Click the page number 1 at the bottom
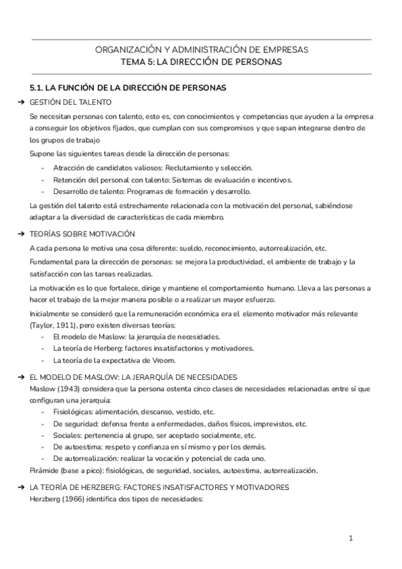(350, 538)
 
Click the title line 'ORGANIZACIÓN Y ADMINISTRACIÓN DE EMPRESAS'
(202, 50)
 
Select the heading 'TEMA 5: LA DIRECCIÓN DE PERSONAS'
(202, 62)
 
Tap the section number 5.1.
(38, 88)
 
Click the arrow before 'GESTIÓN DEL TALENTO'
(23, 102)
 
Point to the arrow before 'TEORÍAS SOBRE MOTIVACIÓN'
(23, 234)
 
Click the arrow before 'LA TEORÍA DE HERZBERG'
(23, 487)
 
